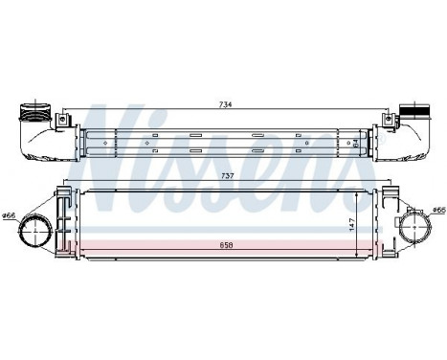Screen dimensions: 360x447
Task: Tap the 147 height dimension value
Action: tap(352, 224)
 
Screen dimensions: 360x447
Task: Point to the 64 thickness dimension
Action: tap(354, 143)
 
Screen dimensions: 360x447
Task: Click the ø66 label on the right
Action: tap(438, 210)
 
